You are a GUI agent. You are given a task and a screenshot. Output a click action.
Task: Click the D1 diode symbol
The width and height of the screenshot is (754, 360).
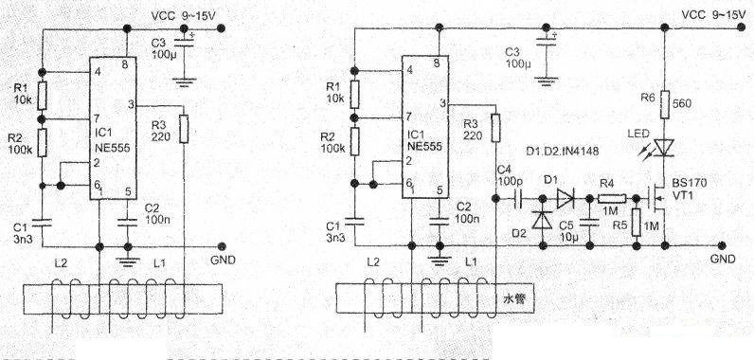click(x=565, y=199)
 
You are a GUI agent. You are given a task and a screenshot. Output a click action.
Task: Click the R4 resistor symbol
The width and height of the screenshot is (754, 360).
click(x=606, y=199)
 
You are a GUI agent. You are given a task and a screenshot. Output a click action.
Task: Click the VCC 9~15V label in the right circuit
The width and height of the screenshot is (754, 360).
click(x=709, y=14)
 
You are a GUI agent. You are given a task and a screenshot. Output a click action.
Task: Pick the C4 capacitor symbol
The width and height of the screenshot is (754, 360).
click(x=517, y=199)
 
